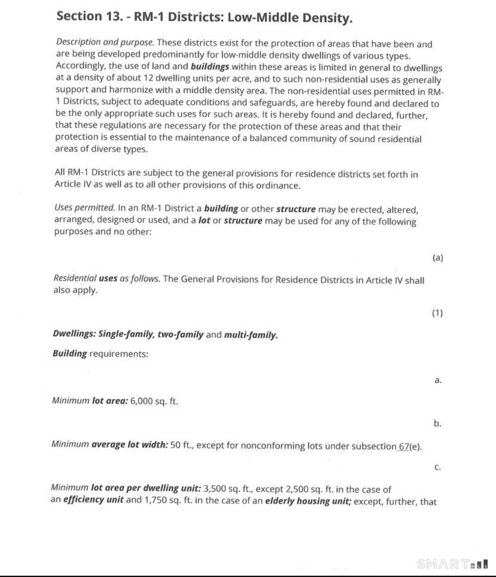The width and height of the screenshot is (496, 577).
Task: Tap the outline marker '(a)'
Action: point(437,258)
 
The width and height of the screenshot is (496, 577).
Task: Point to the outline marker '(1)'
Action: point(437,313)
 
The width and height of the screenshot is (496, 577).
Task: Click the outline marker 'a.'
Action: point(438,380)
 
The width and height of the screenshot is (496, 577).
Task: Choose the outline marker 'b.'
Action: point(437,424)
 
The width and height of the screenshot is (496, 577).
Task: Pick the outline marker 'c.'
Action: point(437,468)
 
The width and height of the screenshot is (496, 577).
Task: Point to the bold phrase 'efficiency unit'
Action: point(93,500)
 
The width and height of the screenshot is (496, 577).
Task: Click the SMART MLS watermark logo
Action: point(452,564)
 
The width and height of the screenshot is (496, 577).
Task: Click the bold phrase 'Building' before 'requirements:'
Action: point(70,353)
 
